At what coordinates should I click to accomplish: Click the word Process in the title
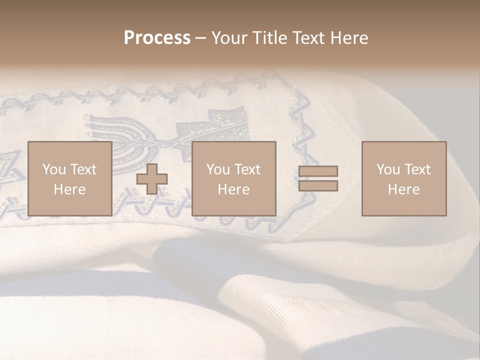click(157, 37)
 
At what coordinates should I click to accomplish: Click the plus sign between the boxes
click(152, 179)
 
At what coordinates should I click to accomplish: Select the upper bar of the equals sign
click(318, 171)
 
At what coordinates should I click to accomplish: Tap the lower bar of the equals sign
click(318, 186)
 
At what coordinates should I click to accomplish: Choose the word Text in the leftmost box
click(82, 169)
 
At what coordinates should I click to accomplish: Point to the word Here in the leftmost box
click(69, 189)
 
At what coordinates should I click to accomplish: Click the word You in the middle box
click(218, 169)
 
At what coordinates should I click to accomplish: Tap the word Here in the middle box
click(233, 189)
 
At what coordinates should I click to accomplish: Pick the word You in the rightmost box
click(388, 169)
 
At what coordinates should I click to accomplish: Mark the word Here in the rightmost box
click(403, 189)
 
